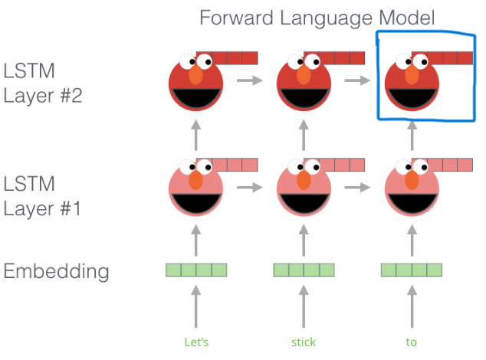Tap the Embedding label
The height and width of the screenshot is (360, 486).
pyautogui.click(x=56, y=271)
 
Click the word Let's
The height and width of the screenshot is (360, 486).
pyautogui.click(x=197, y=342)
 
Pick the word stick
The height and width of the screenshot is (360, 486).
pyautogui.click(x=304, y=342)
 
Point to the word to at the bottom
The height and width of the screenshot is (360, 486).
pyautogui.click(x=412, y=342)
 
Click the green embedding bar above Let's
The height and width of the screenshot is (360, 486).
pyautogui.click(x=197, y=270)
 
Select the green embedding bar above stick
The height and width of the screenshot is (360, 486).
pyautogui.click(x=304, y=270)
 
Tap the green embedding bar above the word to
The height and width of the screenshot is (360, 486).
pyautogui.click(x=412, y=270)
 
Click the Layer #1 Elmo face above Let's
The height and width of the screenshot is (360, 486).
pyautogui.click(x=196, y=191)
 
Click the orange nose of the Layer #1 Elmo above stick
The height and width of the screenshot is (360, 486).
pyautogui.click(x=304, y=180)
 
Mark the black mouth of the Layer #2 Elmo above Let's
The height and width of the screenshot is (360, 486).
pyautogui.click(x=196, y=97)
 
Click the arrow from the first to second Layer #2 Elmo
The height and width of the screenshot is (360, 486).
pyautogui.click(x=248, y=79)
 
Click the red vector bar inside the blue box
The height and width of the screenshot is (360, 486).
pyautogui.click(x=442, y=58)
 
